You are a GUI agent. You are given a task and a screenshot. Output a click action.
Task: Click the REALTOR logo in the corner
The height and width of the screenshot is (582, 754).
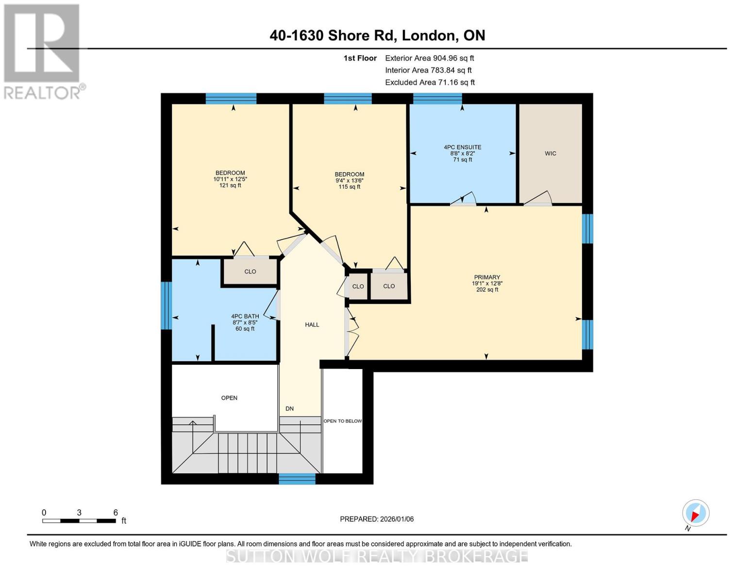pyautogui.click(x=43, y=51)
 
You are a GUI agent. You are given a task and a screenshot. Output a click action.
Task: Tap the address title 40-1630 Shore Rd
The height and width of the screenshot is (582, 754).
pyautogui.click(x=377, y=35)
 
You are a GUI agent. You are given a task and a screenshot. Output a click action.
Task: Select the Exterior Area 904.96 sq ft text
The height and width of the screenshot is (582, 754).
pyautogui.click(x=429, y=58)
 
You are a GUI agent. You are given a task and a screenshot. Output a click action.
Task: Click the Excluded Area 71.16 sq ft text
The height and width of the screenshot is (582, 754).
pyautogui.click(x=430, y=82)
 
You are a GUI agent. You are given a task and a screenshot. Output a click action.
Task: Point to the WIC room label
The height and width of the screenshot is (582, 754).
pyautogui.click(x=550, y=153)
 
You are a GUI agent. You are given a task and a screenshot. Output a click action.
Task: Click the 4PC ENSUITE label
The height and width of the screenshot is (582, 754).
pyautogui.click(x=462, y=147)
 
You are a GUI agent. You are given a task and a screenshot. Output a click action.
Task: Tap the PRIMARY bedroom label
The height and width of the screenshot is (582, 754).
pyautogui.click(x=486, y=277)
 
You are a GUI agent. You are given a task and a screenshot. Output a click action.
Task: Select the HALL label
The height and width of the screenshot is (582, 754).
pyautogui.click(x=312, y=324)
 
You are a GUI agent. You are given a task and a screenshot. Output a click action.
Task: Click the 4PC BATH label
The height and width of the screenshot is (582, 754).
pyautogui.click(x=245, y=316)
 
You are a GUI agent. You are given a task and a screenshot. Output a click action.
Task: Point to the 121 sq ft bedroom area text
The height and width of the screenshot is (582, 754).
pyautogui.click(x=230, y=185)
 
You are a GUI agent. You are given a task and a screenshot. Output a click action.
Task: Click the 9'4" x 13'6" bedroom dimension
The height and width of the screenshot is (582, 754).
pyautogui.click(x=349, y=180)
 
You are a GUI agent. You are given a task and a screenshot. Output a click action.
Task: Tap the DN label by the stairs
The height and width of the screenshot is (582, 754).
pyautogui.click(x=289, y=408)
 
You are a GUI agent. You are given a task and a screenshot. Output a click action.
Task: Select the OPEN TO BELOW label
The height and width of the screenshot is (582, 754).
pyautogui.click(x=342, y=421)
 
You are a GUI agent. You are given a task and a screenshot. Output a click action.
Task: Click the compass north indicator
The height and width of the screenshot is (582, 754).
pyautogui.click(x=695, y=514)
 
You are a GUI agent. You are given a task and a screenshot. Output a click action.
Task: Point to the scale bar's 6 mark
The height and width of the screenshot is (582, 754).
pyautogui.click(x=116, y=513)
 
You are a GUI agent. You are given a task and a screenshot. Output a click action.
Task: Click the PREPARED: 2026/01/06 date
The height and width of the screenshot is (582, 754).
pyautogui.click(x=377, y=519)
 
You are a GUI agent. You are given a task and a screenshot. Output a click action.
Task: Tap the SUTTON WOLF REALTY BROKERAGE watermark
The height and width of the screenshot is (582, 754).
pyautogui.click(x=377, y=556)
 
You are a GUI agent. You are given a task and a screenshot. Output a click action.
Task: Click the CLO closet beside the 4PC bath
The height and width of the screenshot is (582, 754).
pyautogui.click(x=250, y=272)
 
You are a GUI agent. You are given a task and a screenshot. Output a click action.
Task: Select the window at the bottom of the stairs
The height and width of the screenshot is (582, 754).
pyautogui.click(x=297, y=479)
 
